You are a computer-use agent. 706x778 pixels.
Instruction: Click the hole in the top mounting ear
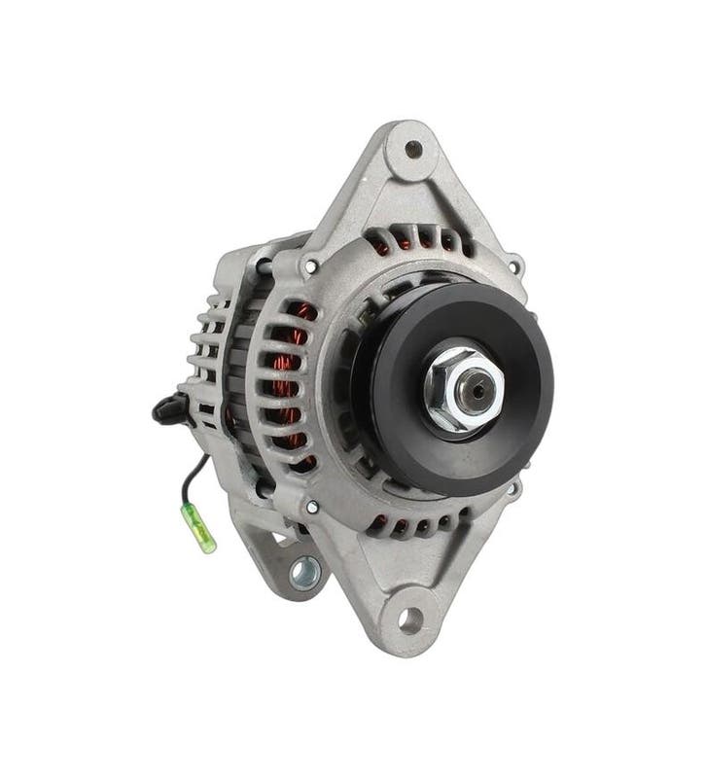[x=413, y=149]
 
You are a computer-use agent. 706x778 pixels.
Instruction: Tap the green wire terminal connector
[x=208, y=532]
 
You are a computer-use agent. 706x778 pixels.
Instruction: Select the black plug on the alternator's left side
[x=168, y=410]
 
